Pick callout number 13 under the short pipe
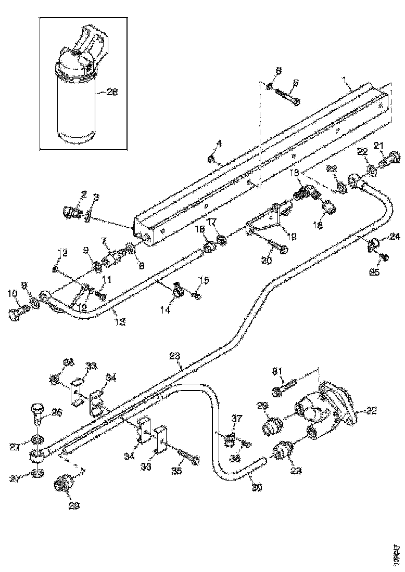(120, 322)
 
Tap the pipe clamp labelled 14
(177, 289)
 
